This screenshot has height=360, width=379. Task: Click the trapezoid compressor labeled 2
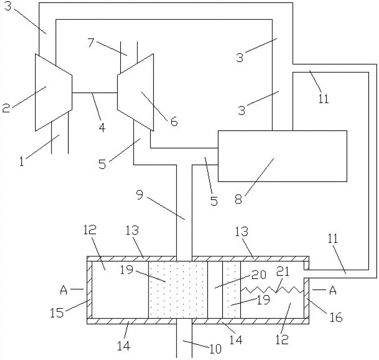pos(53,93)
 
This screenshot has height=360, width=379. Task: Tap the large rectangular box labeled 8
pos(282,156)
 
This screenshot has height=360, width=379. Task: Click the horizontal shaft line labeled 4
pos(95,93)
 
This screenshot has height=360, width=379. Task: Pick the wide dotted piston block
pos(178,289)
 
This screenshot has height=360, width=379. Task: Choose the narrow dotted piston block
pos(231,289)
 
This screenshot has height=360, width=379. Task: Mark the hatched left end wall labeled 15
pos(89,289)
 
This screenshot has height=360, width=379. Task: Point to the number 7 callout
pos(90,42)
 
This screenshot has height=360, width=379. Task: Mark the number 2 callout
pos(6,108)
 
